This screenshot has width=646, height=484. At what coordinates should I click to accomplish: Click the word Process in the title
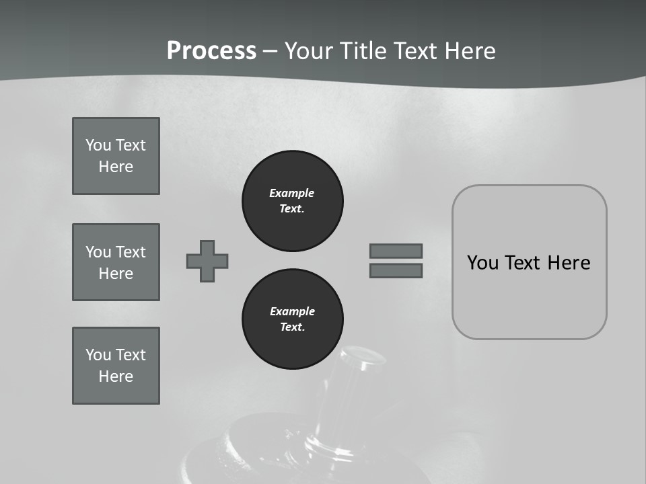click(x=211, y=51)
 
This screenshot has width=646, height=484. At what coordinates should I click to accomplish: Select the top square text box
click(x=116, y=156)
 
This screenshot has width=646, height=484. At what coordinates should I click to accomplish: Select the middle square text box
click(x=116, y=262)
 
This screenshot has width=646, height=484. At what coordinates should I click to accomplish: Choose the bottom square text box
click(x=116, y=366)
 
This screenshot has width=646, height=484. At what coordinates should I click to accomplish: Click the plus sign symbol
click(x=207, y=261)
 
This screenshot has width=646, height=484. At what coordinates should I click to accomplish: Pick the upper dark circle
click(x=293, y=201)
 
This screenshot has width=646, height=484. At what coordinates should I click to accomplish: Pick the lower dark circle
click(x=293, y=319)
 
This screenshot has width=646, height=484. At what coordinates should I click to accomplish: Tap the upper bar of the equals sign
click(x=396, y=251)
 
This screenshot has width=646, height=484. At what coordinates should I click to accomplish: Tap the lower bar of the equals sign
click(x=396, y=271)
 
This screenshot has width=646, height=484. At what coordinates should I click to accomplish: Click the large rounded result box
click(x=529, y=262)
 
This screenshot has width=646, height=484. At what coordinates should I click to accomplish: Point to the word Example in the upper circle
click(x=291, y=193)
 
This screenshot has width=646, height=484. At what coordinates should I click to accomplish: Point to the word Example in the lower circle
click(x=292, y=311)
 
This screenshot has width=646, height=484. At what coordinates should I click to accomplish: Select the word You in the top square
click(x=98, y=145)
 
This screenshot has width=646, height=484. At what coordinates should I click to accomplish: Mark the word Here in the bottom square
click(x=116, y=376)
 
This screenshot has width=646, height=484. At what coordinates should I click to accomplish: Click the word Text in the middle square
click(x=131, y=252)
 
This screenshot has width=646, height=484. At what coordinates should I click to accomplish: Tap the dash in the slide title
click(x=270, y=51)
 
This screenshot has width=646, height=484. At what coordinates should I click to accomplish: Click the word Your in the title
click(x=309, y=51)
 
